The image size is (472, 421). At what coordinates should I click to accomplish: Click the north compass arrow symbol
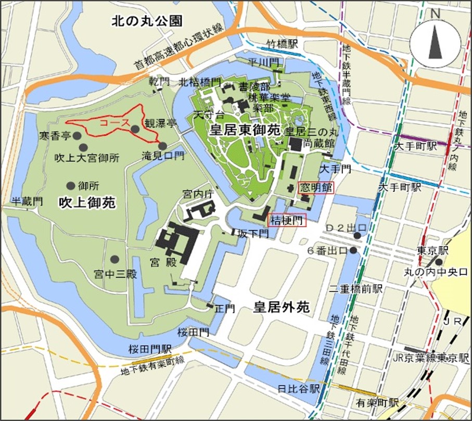(435, 43)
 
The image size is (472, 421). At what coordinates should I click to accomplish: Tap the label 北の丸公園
(147, 21)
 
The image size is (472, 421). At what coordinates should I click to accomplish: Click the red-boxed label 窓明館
(314, 188)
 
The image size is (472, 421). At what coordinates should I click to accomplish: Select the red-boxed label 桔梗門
(286, 220)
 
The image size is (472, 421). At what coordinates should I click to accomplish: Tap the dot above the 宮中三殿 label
(114, 259)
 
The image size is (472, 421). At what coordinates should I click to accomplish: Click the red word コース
(111, 123)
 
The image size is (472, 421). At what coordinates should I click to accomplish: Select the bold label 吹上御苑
(86, 202)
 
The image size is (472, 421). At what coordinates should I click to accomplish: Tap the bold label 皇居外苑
(281, 308)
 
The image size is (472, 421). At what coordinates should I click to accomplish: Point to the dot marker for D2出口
(358, 236)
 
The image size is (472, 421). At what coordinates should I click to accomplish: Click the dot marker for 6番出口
(354, 250)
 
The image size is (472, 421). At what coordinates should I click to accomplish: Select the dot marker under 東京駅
(440, 262)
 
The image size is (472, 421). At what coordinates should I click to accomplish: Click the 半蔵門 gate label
(24, 200)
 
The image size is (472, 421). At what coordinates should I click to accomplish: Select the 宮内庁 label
(195, 194)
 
